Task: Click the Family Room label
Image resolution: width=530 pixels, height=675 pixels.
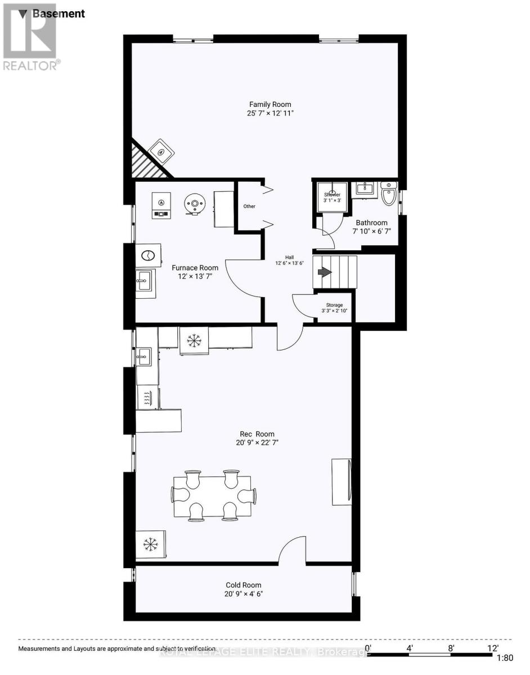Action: (271, 105)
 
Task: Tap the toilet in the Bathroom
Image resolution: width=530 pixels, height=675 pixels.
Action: (389, 195)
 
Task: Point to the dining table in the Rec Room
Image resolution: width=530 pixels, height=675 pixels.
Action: (212, 496)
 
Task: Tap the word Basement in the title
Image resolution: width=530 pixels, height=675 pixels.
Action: (59, 13)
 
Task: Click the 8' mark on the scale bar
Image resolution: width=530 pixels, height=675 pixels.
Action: (451, 647)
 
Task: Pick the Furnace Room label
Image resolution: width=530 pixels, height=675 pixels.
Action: (195, 268)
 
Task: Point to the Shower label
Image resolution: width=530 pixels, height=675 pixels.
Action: (332, 195)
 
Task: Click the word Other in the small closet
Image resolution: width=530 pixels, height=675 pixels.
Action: (249, 206)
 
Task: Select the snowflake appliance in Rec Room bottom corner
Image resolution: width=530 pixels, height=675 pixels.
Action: (150, 544)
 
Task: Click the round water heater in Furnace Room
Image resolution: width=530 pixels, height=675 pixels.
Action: (195, 203)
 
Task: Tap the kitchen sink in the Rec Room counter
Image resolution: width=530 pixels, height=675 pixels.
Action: (143, 356)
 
